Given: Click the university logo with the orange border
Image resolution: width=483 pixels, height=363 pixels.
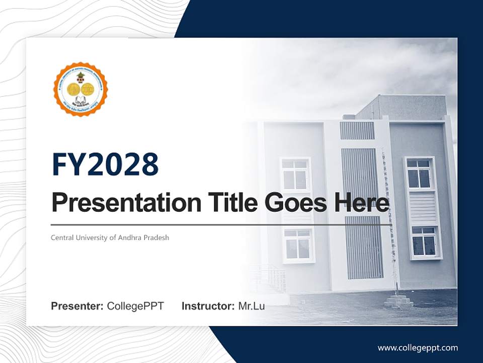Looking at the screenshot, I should click(80, 89).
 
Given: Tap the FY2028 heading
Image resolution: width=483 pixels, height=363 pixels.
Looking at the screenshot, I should click(105, 164).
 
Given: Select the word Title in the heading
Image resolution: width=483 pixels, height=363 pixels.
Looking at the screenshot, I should click(224, 203).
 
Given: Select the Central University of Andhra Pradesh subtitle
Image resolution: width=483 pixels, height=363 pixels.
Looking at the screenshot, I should click(110, 237).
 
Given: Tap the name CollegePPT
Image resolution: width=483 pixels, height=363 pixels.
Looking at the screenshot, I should click(135, 306).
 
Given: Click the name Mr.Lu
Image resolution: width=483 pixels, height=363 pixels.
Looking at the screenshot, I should click(252, 306).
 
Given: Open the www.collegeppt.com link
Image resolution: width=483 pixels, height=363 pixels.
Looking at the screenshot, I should click(418, 348).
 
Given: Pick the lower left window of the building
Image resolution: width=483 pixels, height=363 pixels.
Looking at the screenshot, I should click(298, 245).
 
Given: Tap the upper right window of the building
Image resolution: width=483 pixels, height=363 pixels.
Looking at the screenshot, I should click(419, 173).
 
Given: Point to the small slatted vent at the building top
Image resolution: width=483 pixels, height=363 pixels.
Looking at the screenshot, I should click(357, 130).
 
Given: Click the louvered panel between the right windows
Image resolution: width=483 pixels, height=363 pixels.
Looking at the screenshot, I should click(422, 208).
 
